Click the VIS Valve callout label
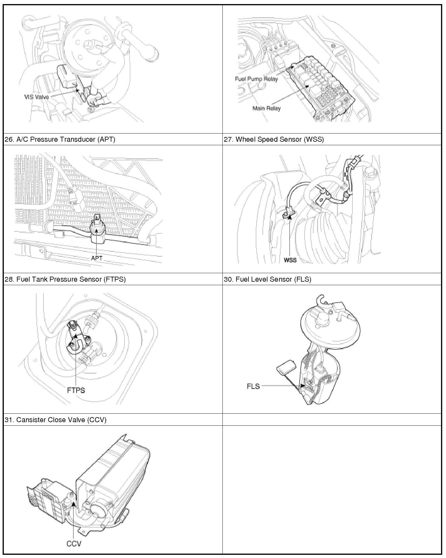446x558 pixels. tap(37, 97)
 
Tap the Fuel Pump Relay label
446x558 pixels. tap(256, 79)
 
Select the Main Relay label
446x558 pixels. tap(266, 108)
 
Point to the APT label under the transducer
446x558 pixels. tap(96, 258)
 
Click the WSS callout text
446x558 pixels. tap(290, 260)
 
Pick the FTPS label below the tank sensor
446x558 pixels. tap(76, 390)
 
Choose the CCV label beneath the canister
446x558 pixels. tap(74, 543)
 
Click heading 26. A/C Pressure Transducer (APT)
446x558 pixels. tap(60, 139)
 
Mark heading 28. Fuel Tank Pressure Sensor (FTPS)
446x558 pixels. tap(65, 279)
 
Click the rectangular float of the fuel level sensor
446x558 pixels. tap(286, 367)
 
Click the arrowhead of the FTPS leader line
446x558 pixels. tap(76, 336)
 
